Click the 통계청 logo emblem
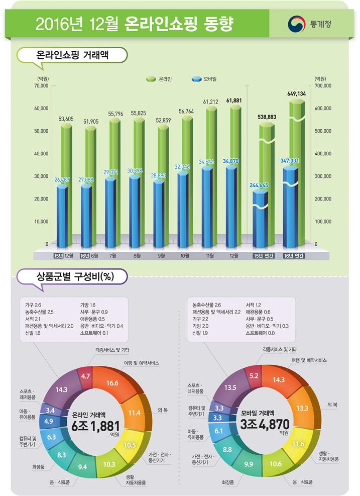295,24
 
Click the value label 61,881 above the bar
234,101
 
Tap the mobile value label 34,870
230,161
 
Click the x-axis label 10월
185,256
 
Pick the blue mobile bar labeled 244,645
263,216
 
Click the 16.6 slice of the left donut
112,383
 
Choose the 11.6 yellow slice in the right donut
298,444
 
